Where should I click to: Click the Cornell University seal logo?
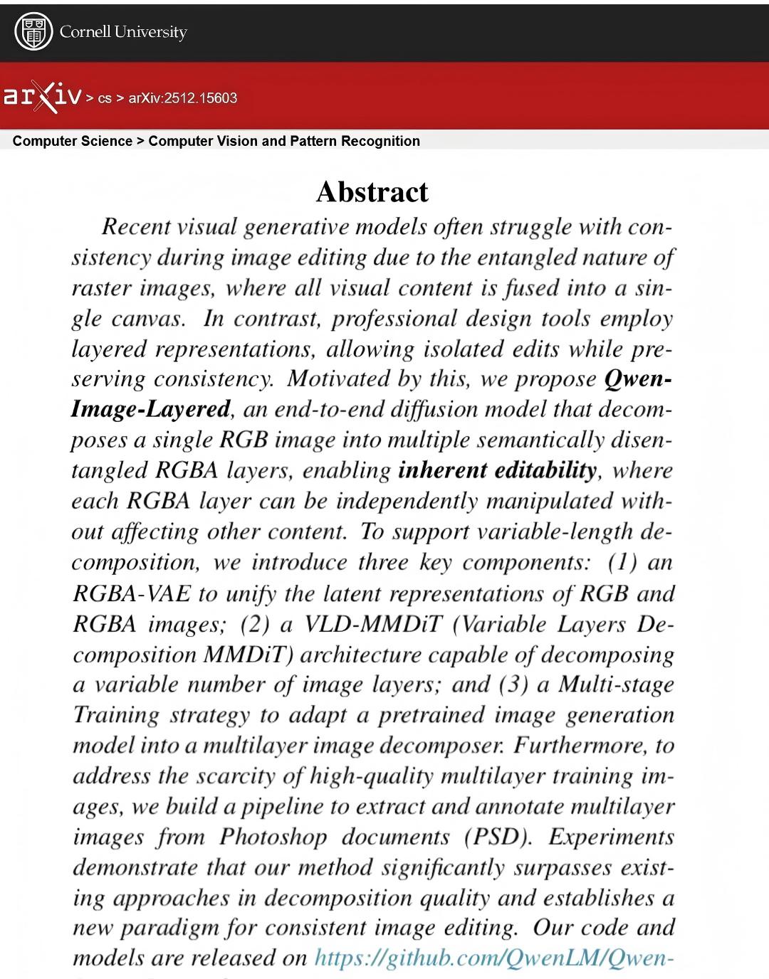pyautogui.click(x=34, y=32)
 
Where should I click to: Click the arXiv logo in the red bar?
pyautogui.click(x=41, y=97)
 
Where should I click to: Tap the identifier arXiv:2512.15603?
pyautogui.click(x=183, y=98)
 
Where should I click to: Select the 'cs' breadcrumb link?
pyautogui.click(x=105, y=98)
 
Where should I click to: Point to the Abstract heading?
pyautogui.click(x=372, y=191)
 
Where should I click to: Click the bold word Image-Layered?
pyautogui.click(x=151, y=409)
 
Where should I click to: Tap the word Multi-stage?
pyautogui.click(x=616, y=684)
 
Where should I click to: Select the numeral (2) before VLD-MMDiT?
pyautogui.click(x=253, y=624)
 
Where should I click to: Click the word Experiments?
pyautogui.click(x=611, y=837)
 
